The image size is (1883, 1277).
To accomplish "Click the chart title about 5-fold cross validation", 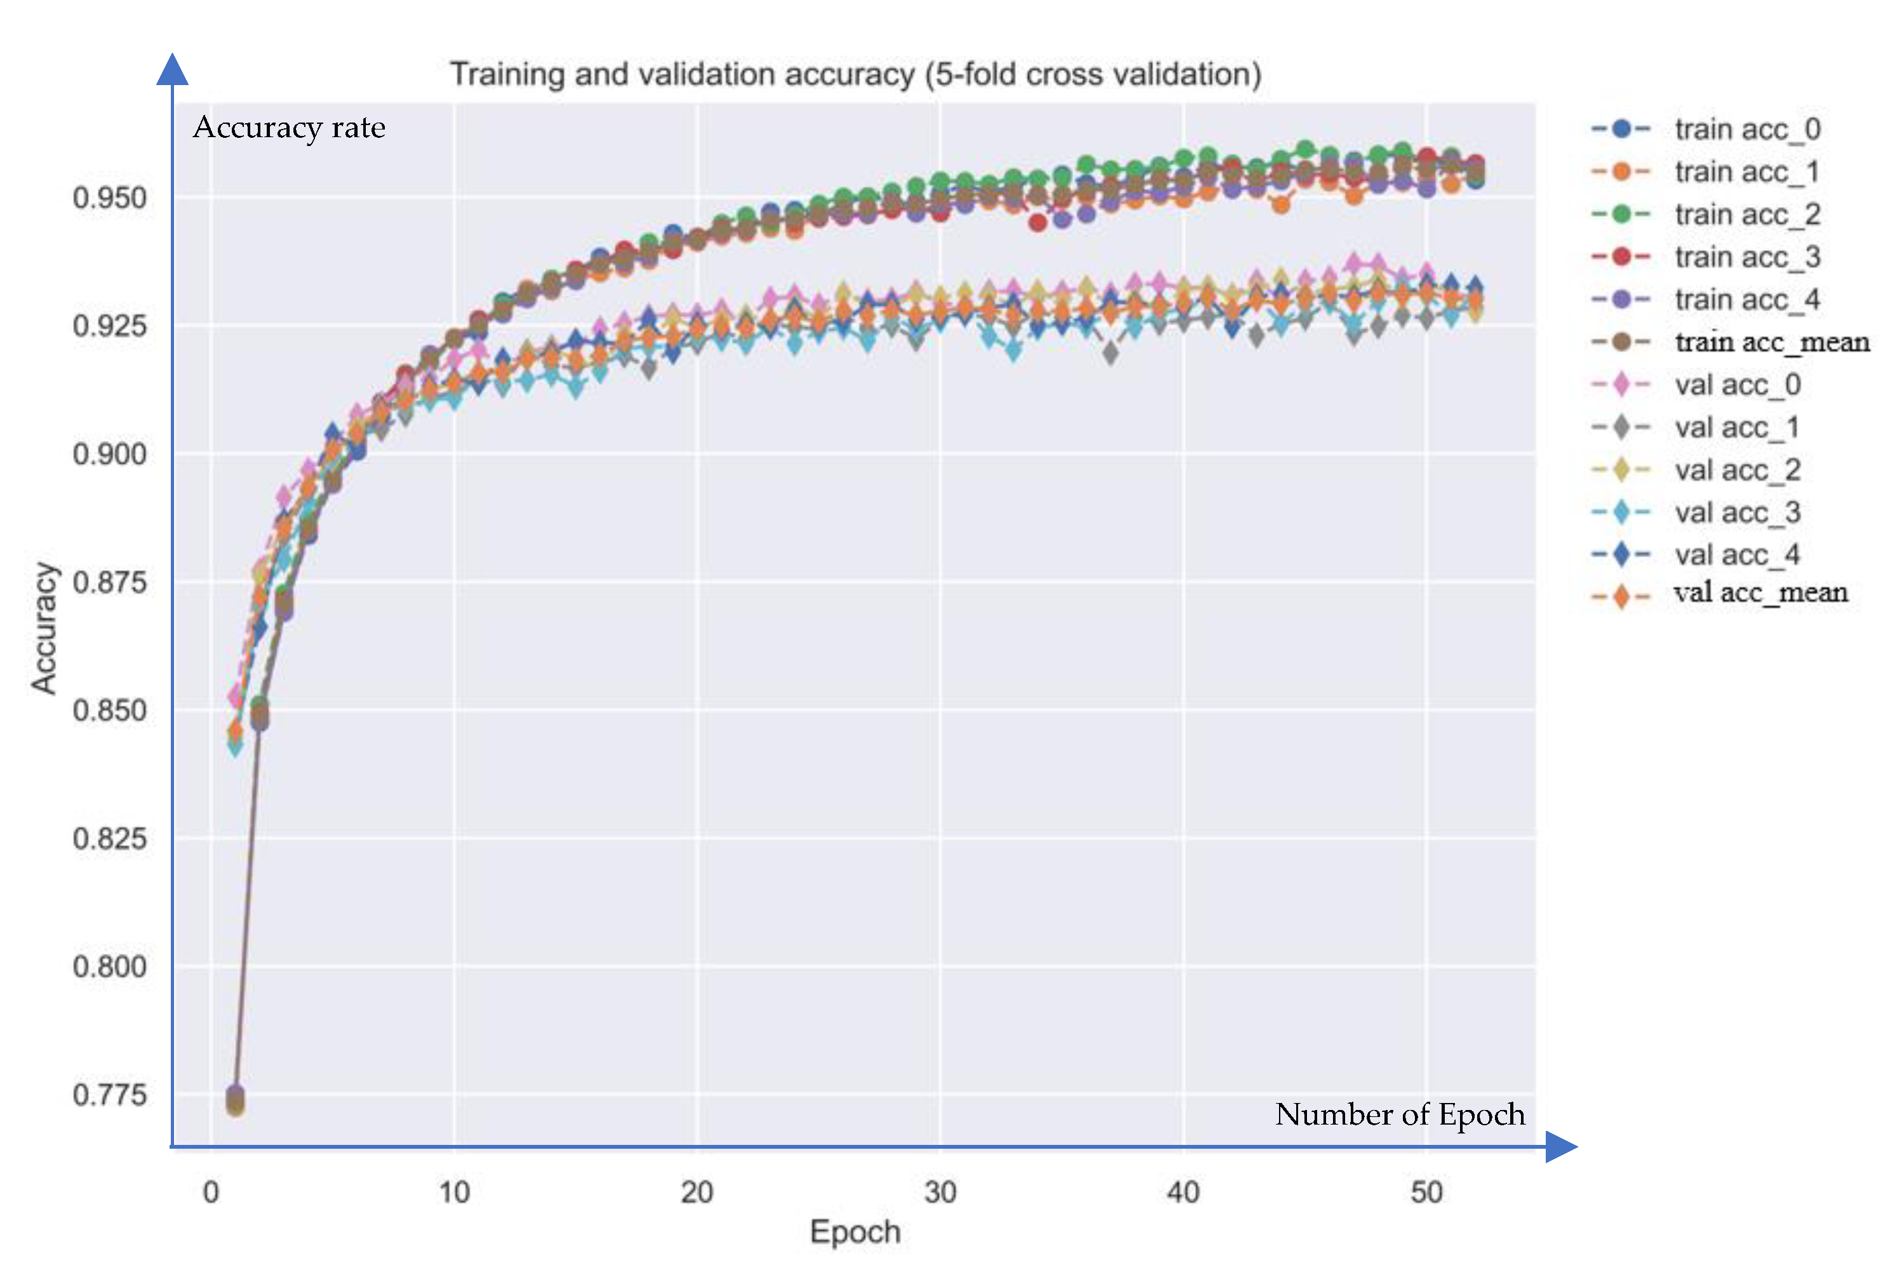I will coord(855,74).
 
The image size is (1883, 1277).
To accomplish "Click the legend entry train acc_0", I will coord(1747,129).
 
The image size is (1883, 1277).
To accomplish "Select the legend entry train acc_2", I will coord(1747,214).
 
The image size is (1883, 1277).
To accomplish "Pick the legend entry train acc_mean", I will coord(1771,342).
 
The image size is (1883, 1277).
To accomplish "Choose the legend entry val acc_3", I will coord(1737,512).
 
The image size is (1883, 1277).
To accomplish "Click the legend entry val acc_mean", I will coord(1760,593).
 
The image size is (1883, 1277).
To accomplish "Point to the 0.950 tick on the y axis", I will coord(109,197).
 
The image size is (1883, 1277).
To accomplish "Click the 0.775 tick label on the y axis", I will coord(109,1095).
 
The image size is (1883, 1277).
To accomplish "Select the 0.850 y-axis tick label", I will coord(109,711).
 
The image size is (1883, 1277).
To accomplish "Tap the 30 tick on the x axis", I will coord(940,1192).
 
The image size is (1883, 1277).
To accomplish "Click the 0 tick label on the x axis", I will coord(211,1192).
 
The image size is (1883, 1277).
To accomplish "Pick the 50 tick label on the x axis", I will coord(1426,1192).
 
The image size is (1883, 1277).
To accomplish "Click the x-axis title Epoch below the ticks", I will coord(855,1232).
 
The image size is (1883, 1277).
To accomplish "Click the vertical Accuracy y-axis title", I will coord(44,628).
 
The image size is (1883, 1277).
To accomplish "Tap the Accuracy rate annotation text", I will coord(289,128).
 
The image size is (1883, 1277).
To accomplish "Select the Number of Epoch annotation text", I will coord(1399,1114).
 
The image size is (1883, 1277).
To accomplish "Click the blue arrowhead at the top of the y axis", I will coord(171,70).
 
